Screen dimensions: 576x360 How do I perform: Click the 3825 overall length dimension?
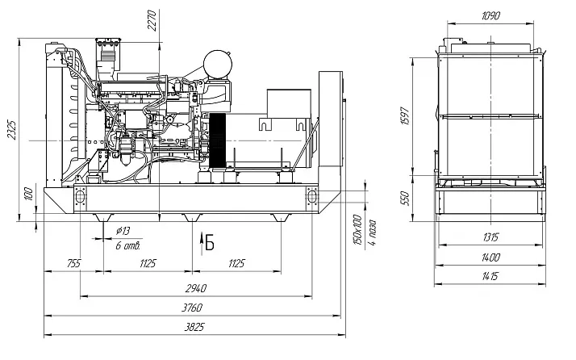click(194, 327)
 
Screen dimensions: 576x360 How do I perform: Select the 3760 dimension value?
click(192, 308)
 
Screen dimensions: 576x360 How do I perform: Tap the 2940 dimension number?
click(196, 288)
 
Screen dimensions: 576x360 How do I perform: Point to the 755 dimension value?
click(74, 263)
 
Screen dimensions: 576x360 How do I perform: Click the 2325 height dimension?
click(12, 130)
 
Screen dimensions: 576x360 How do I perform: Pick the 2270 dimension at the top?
click(152, 21)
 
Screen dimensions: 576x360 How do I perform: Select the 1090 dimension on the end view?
click(490, 15)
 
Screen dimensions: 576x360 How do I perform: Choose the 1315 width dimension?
click(490, 237)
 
